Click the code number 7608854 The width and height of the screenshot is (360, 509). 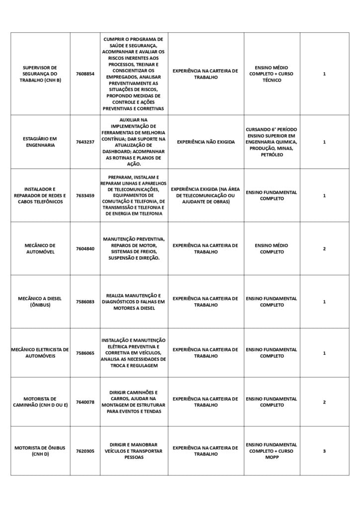click(x=85, y=74)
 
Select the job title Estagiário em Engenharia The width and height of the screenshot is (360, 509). click(x=40, y=142)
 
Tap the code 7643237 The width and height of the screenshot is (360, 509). click(x=85, y=142)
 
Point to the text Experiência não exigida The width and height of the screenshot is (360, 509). click(x=205, y=142)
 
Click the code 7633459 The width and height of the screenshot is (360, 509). click(x=85, y=195)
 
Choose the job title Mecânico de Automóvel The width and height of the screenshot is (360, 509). click(x=40, y=249)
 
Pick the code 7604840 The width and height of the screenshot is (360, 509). click(x=85, y=249)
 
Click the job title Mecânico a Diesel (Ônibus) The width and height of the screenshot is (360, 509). click(x=40, y=302)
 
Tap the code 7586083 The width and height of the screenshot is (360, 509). click(x=85, y=302)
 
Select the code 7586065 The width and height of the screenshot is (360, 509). click(x=85, y=353)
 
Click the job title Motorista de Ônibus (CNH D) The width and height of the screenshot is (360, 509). click(x=40, y=451)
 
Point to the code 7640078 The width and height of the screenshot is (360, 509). click(x=85, y=402)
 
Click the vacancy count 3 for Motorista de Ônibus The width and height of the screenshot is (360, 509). click(x=324, y=451)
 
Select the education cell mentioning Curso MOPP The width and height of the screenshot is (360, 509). click(x=271, y=451)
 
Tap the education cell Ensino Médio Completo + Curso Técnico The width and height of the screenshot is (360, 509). click(x=271, y=74)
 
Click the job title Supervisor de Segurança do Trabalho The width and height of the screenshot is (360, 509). click(x=40, y=74)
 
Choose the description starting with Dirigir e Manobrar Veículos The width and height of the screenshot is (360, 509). click(x=134, y=451)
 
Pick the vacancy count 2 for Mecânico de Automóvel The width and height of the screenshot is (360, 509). click(x=324, y=249)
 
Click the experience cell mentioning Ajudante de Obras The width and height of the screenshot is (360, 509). click(x=205, y=195)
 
